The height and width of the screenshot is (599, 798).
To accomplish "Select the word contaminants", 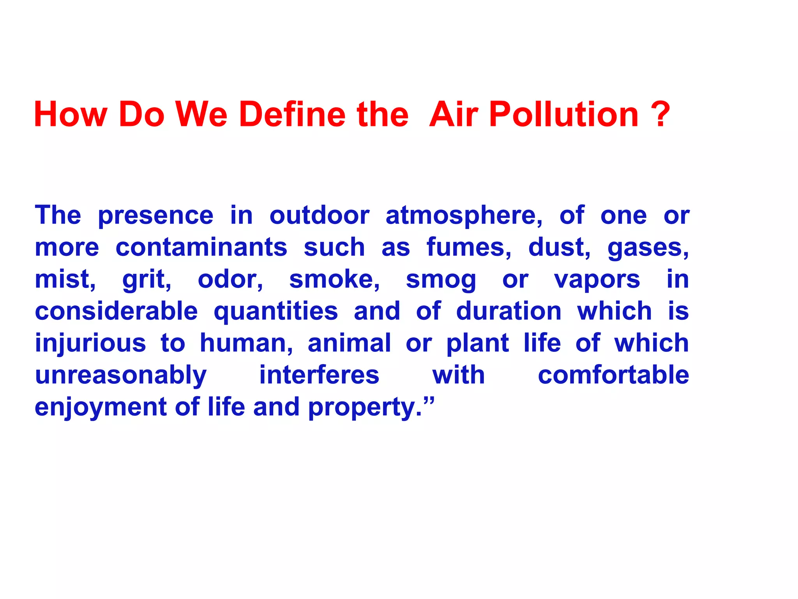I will click(x=201, y=248).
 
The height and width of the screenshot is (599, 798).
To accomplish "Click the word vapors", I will click(x=597, y=280).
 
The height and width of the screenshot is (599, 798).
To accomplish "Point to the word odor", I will click(x=230, y=280).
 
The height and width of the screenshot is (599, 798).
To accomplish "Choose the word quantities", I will click(x=276, y=312).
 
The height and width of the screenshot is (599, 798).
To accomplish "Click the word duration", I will click(x=509, y=311).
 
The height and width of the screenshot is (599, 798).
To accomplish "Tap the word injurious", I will click(x=90, y=344).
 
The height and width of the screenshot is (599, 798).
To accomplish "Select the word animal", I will click(x=349, y=343).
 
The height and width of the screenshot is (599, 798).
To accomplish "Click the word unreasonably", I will click(x=121, y=376).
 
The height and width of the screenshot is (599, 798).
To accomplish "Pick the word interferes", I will click(x=319, y=375).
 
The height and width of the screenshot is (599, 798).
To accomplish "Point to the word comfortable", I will click(x=613, y=375).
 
